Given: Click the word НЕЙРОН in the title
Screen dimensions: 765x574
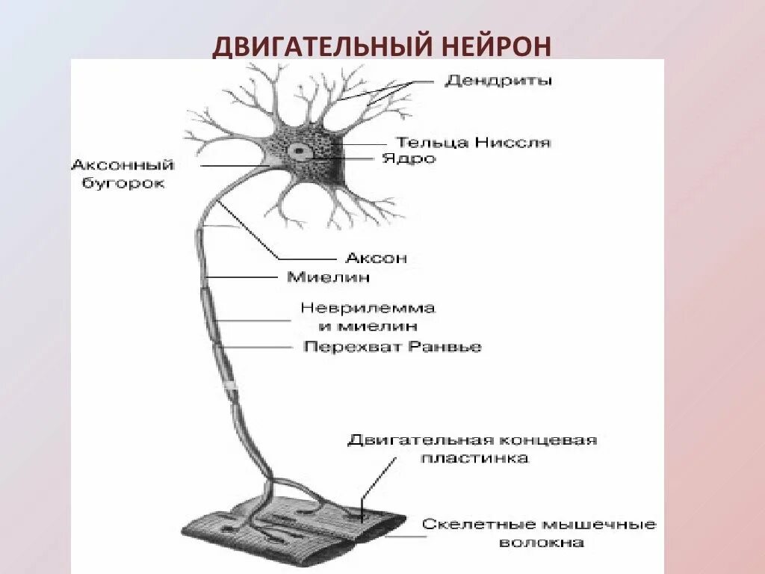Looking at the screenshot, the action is [x=493, y=46].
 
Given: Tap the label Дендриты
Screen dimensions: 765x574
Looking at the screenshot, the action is [x=498, y=80].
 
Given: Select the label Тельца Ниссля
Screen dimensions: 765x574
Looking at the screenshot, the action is [x=472, y=142].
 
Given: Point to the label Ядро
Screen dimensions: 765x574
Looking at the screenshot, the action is [x=408, y=158].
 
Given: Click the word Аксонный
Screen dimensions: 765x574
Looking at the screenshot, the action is [x=123, y=165].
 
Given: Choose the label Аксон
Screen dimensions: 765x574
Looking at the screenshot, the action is [x=376, y=258].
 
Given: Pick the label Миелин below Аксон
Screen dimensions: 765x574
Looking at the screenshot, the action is [x=328, y=277].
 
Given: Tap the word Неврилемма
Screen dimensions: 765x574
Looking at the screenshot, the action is [x=367, y=308].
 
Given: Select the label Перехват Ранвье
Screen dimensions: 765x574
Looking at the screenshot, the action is [x=392, y=347].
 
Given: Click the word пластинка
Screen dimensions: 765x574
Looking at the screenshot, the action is [x=474, y=458].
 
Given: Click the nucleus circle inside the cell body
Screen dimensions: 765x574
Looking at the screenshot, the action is [x=300, y=151].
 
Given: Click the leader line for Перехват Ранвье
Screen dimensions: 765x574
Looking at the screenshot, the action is [x=258, y=347].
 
